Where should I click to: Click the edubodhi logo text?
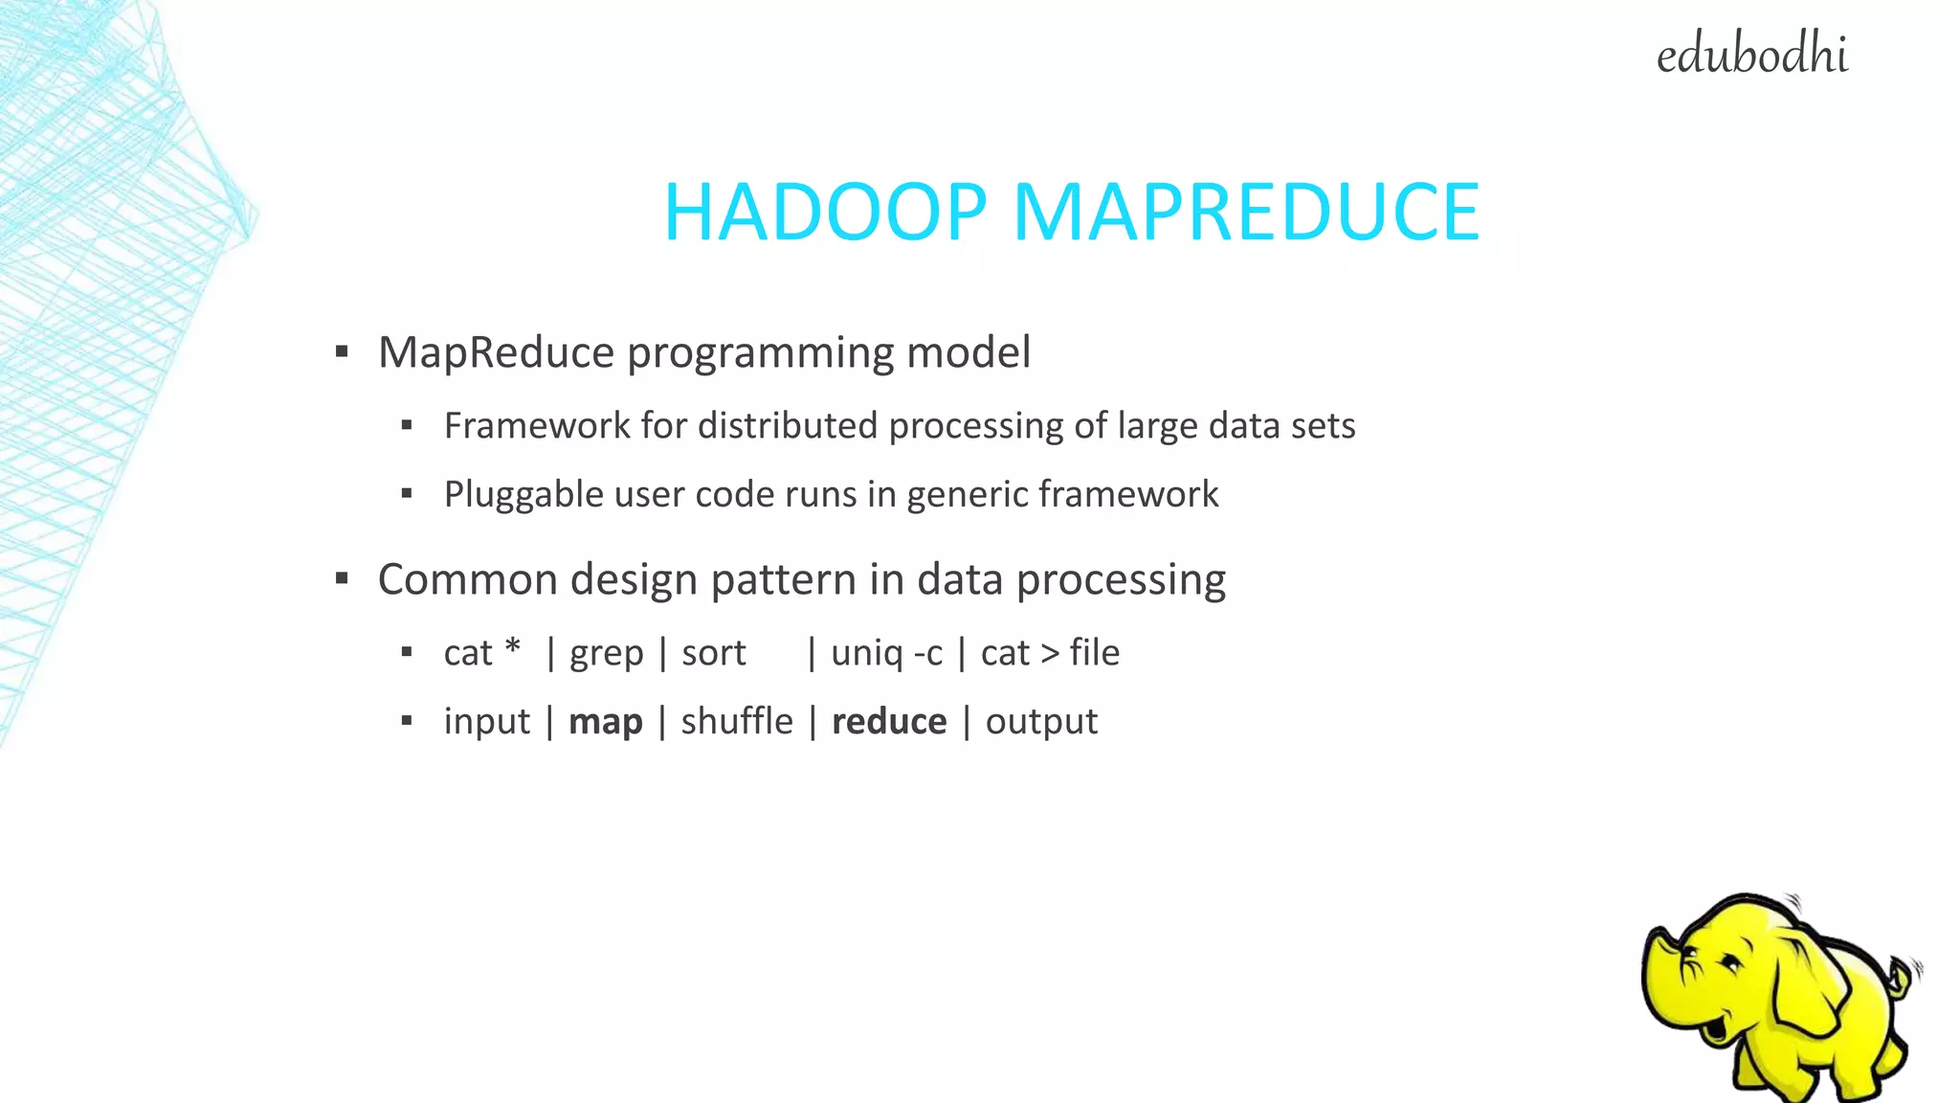click(1751, 55)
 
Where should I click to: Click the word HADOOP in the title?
click(825, 213)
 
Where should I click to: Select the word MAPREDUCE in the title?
click(1246, 213)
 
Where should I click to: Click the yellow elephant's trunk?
click(1660, 986)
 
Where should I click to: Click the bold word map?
click(605, 722)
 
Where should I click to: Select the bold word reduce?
click(889, 722)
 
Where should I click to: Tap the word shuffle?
click(737, 722)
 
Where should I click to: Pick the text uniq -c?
click(886, 653)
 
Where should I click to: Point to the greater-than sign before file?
click(1050, 654)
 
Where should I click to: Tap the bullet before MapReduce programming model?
click(342, 352)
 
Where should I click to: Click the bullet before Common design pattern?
click(342, 578)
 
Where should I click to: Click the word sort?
click(713, 653)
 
